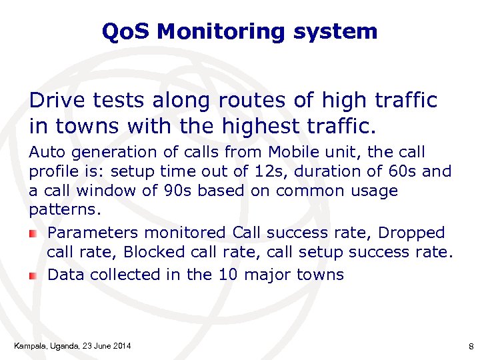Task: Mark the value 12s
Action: (267, 171)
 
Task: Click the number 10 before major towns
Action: (228, 275)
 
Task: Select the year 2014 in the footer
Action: (120, 345)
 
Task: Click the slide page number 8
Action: (471, 346)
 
